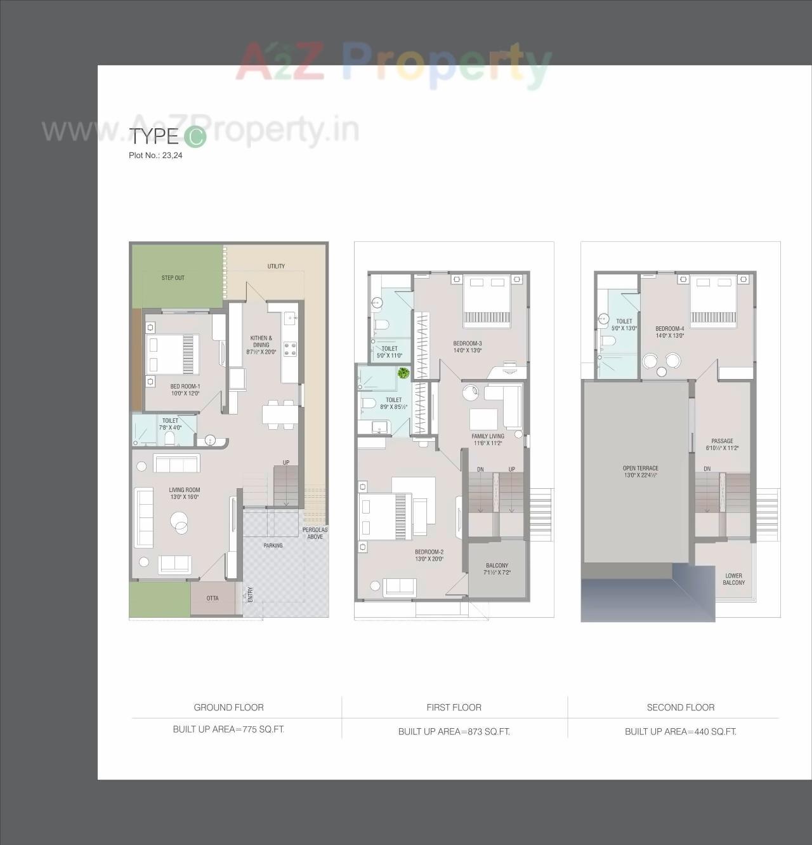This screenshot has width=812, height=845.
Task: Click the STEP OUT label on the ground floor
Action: coord(173,278)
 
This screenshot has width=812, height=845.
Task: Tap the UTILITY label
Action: coord(276,266)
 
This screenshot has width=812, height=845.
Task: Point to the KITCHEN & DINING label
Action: coord(261,342)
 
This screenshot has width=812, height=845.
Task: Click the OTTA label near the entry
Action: coord(213,598)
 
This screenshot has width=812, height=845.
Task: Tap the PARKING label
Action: coord(273,545)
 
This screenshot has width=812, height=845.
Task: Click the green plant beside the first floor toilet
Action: coord(403,373)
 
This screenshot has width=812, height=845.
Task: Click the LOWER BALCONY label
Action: coord(733,579)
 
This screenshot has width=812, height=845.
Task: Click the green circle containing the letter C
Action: coord(195,137)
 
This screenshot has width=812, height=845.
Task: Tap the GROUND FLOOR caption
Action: coord(228,707)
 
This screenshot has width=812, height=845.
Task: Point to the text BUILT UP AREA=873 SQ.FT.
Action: coord(454,731)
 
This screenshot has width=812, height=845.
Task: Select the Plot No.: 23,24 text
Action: coord(155,155)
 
